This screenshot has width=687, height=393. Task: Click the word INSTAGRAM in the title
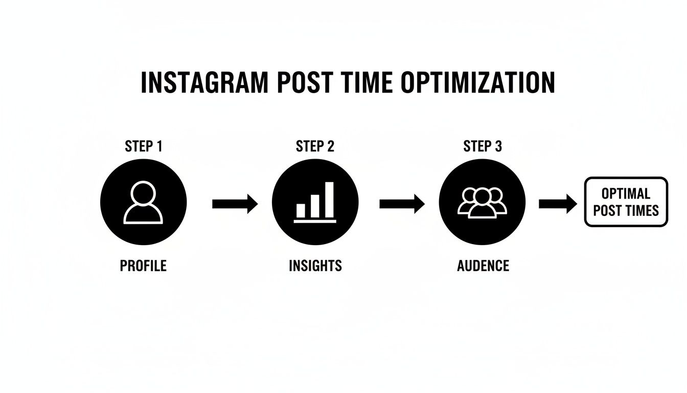(x=203, y=83)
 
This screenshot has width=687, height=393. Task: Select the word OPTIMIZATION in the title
(x=477, y=83)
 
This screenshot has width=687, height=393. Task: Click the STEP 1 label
(x=144, y=147)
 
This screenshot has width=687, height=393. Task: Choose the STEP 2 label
(x=315, y=147)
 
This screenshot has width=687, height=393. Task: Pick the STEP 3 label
(x=483, y=147)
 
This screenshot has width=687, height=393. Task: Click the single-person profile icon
(x=144, y=203)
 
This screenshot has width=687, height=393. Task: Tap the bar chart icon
(x=315, y=203)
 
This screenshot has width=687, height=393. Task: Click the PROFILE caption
(x=143, y=266)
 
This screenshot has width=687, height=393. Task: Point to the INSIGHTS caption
(x=315, y=266)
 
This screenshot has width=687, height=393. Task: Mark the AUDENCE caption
(x=483, y=266)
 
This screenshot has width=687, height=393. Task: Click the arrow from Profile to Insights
(x=235, y=204)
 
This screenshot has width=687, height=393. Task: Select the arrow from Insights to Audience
(x=402, y=204)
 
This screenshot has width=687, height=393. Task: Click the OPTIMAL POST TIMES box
(x=626, y=202)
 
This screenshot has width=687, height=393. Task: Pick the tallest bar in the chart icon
(x=329, y=200)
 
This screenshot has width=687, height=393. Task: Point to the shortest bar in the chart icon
(x=301, y=210)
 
